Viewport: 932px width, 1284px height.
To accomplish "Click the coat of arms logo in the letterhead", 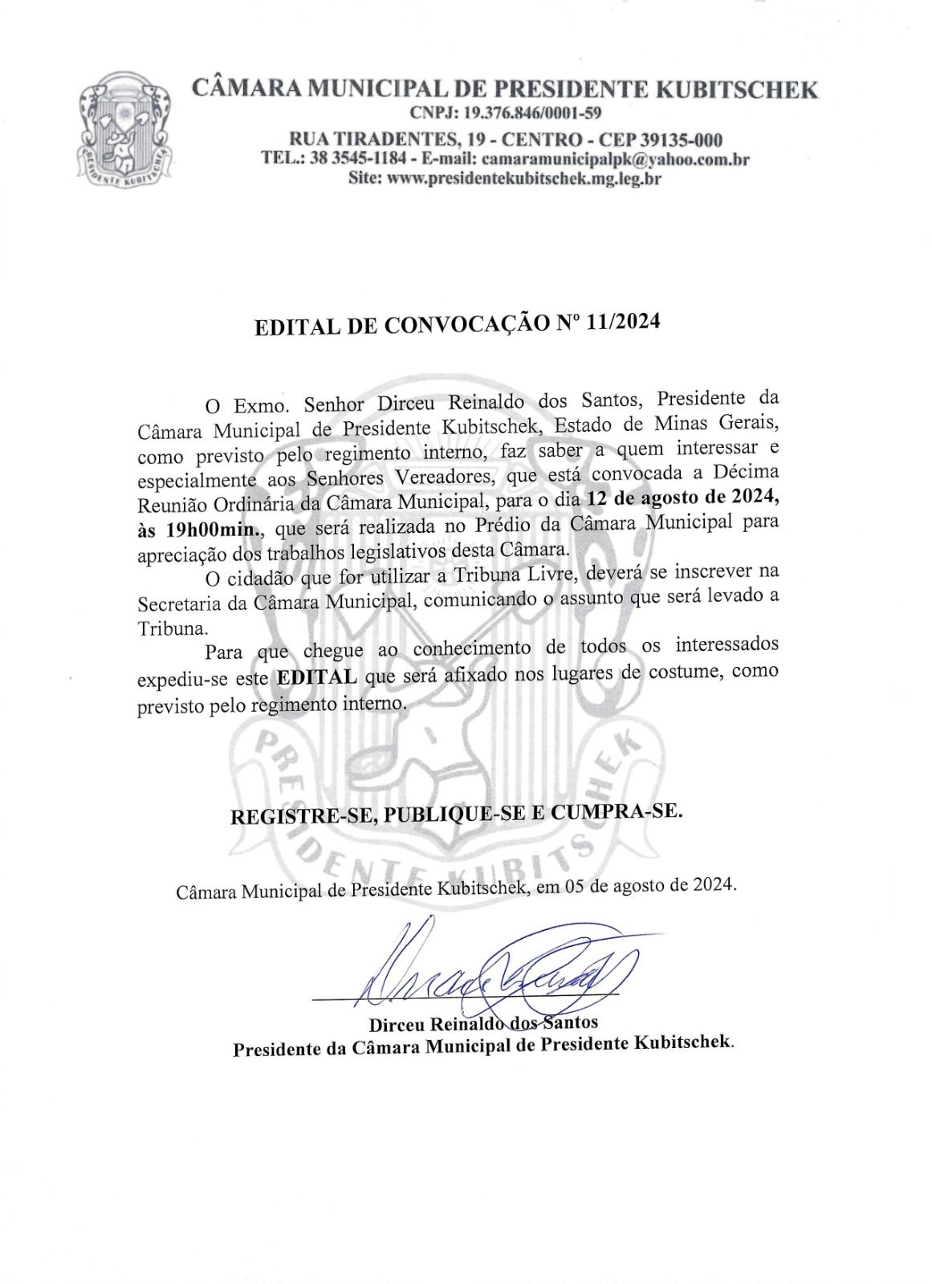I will tap(123, 134).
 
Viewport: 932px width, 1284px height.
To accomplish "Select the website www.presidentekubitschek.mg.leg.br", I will tap(523, 179).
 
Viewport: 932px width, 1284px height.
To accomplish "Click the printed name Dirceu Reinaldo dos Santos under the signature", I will tap(483, 1023).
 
